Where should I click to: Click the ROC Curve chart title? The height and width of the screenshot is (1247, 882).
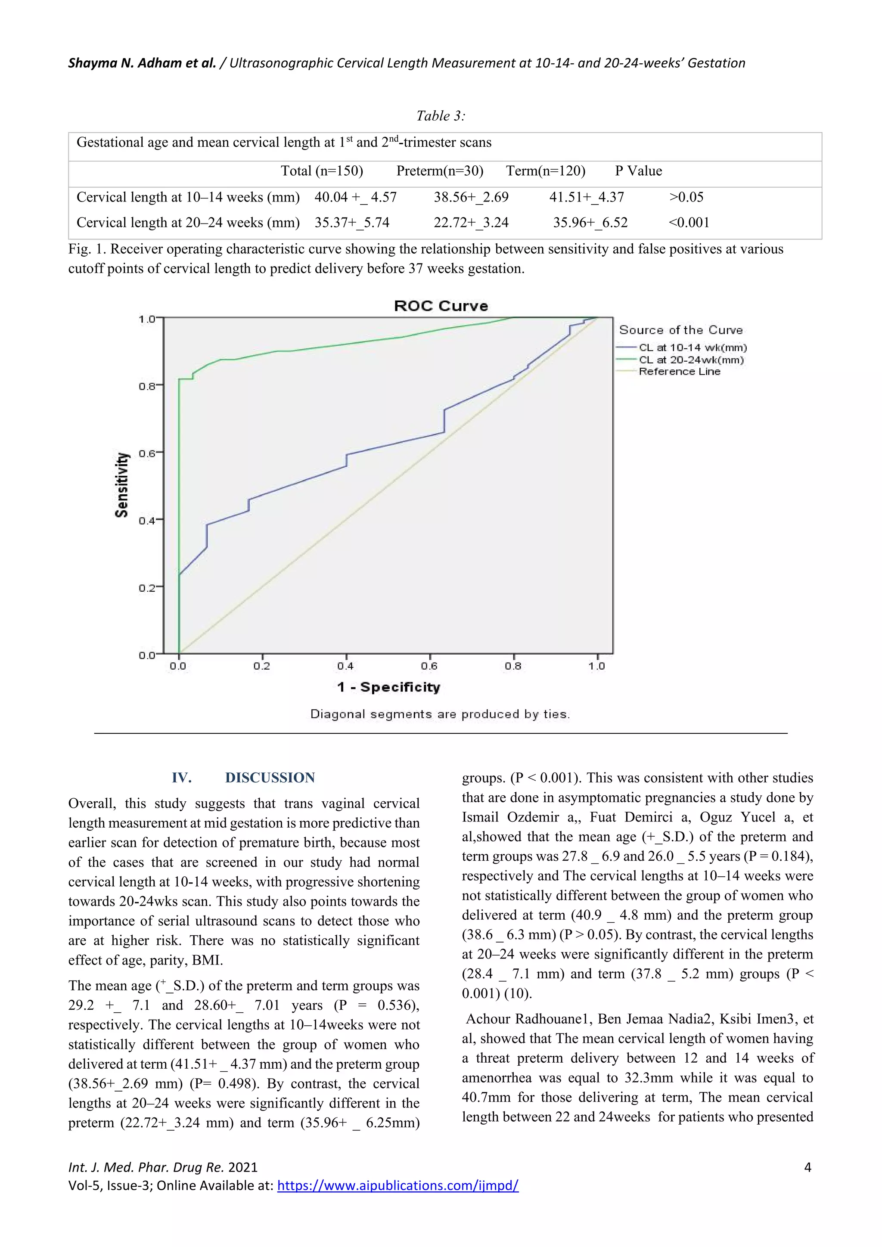point(441,306)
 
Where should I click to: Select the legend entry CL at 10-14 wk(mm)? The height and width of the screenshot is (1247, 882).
point(692,347)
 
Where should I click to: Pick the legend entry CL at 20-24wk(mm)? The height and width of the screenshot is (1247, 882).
point(691,360)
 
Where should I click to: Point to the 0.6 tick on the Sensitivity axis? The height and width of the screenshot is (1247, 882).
point(147,453)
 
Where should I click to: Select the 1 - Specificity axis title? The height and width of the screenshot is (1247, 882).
point(388,687)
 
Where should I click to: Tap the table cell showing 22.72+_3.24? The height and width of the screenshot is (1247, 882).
point(471,223)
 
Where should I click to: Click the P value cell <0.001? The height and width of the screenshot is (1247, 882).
point(689,223)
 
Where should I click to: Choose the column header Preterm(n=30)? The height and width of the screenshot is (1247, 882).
point(439,171)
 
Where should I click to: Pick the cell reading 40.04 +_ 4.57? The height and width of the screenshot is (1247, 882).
point(355,197)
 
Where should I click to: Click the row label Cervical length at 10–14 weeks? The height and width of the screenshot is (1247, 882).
point(188,197)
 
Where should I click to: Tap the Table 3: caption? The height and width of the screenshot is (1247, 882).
point(441,116)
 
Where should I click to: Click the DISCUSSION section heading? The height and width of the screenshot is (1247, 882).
point(270,778)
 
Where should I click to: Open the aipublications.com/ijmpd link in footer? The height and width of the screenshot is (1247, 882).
point(398,1185)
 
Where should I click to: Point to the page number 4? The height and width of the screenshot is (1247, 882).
point(807,1167)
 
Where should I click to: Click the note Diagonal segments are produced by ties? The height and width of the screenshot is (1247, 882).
point(440,714)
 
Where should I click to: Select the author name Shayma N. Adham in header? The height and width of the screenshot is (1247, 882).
point(142,63)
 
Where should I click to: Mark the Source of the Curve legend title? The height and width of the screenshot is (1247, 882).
point(680,330)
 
